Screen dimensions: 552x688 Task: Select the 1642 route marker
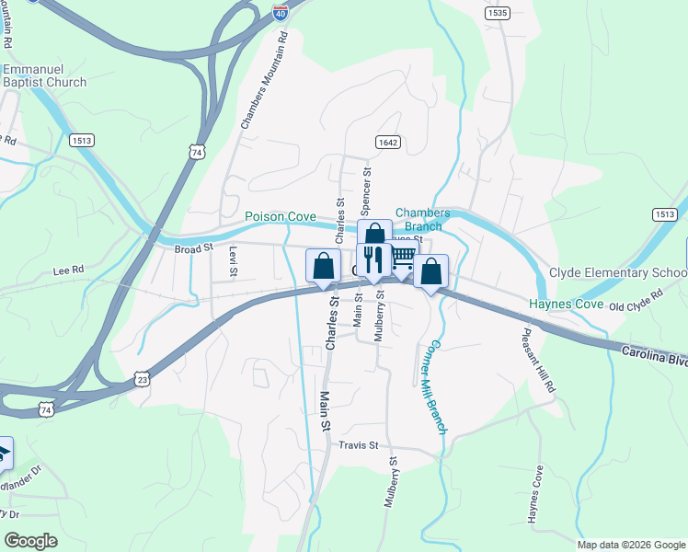387,142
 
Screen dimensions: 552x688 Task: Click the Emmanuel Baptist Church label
44,76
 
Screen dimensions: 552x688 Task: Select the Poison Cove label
281,217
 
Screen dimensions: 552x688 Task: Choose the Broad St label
194,247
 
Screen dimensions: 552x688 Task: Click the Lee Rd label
69,270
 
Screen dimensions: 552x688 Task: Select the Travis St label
359,446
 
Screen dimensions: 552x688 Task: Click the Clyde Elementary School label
618,272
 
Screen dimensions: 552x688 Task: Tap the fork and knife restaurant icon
373,259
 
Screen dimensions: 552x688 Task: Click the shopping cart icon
402,259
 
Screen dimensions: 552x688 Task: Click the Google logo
31,541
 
